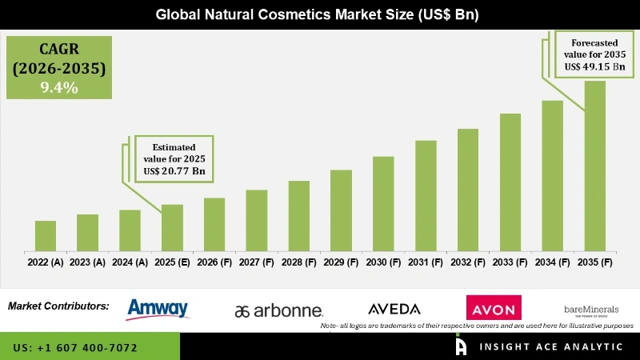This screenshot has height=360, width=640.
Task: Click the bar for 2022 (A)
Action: point(46,236)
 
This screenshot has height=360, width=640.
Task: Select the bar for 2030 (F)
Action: point(383,203)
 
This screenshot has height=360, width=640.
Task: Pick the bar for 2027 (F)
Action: point(257,220)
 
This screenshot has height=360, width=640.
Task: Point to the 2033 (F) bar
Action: point(510,182)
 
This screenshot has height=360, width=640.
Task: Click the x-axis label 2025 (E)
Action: point(172,262)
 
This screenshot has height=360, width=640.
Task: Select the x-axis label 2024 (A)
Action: point(130,262)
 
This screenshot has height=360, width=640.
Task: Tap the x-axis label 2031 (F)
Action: point(426,262)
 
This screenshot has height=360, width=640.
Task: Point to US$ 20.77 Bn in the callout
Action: point(174,170)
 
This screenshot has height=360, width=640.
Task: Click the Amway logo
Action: point(158,308)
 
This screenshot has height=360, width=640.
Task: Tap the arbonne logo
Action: point(278,310)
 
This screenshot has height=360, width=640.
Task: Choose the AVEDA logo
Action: point(394,309)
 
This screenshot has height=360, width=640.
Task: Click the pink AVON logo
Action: point(494,308)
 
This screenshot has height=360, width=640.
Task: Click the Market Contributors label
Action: point(58,306)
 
